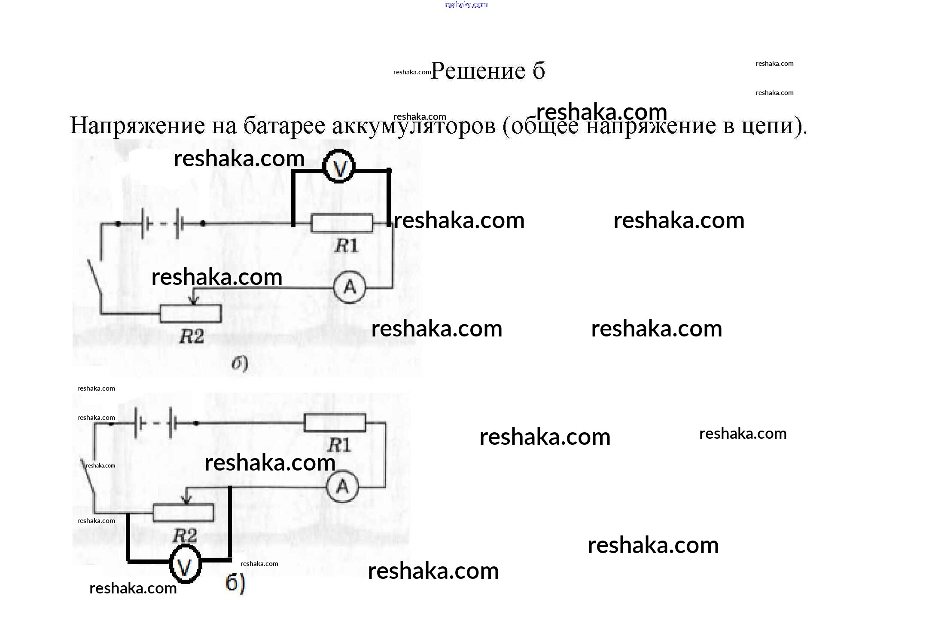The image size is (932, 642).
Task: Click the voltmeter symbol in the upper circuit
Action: [339, 166]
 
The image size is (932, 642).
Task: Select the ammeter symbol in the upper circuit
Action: [350, 287]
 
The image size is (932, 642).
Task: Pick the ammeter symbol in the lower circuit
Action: [342, 487]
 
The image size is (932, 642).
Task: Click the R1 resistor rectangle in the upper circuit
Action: [342, 223]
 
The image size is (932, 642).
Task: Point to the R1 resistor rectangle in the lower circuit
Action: [335, 422]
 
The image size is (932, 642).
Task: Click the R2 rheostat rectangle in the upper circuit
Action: [190, 313]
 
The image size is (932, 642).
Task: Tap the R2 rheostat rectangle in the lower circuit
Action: [183, 513]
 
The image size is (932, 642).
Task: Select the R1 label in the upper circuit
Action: [346, 246]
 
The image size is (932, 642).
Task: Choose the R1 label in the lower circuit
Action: [339, 445]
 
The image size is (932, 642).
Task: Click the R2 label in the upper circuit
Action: [191, 336]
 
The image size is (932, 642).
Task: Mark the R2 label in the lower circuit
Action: [184, 536]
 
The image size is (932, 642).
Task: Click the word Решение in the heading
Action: [478, 71]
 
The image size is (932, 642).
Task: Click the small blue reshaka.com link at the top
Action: [466, 5]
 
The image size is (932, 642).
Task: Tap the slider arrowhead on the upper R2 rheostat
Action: [194, 301]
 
